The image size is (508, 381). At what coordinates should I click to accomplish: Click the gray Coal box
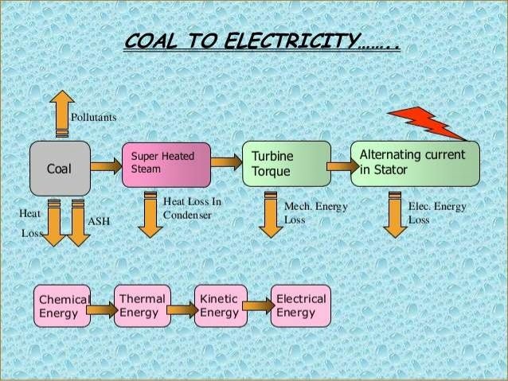coord(60,169)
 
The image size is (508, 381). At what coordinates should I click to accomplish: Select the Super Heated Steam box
coord(166,165)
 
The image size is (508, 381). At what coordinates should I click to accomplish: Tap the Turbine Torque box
coord(287,164)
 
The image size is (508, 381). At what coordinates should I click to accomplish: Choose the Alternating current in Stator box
coord(415,164)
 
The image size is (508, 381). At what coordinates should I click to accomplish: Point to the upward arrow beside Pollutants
coord(62,113)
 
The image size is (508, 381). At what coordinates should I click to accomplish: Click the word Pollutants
coord(94,117)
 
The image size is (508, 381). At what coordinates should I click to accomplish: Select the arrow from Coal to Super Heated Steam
coord(106,166)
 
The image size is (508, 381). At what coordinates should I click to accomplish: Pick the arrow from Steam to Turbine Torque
coord(226,161)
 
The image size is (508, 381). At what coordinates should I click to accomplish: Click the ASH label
coord(99,221)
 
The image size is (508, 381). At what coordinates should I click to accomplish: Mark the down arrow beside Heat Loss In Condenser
coord(150,215)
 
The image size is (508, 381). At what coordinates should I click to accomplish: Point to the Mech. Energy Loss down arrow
coord(271,215)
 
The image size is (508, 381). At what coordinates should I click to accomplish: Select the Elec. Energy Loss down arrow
coord(395,215)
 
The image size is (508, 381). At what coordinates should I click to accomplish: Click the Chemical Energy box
coord(62,306)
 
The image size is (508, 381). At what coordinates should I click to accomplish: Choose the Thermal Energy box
coord(143,306)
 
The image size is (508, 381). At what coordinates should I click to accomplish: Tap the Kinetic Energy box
coord(221,306)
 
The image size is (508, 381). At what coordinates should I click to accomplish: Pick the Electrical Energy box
coord(301,306)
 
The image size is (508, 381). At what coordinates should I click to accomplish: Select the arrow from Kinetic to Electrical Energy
coord(259,305)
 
